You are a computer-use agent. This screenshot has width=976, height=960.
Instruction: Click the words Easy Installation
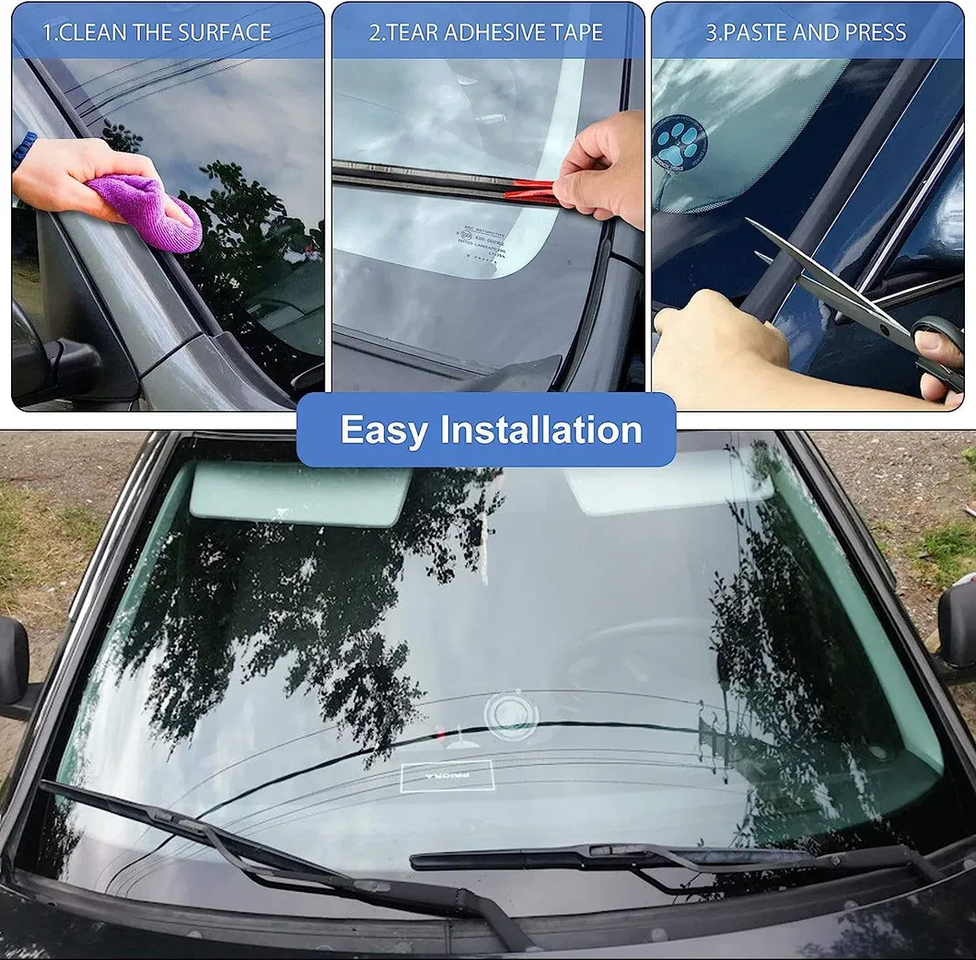point(491,430)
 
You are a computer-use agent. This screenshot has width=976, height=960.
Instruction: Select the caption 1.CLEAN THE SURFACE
point(157,33)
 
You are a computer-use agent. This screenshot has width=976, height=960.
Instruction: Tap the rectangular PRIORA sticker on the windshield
point(447,777)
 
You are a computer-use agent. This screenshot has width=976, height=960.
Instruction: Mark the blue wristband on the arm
point(24,147)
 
